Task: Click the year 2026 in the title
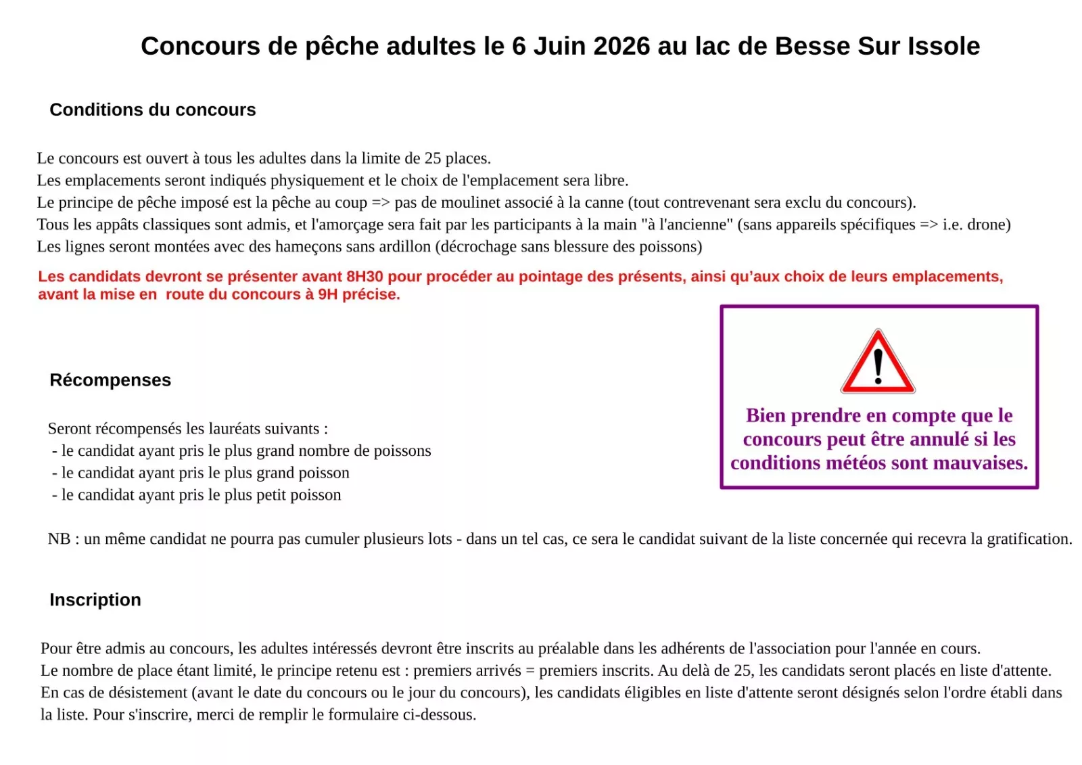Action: [622, 46]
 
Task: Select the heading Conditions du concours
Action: [153, 110]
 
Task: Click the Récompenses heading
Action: [110, 380]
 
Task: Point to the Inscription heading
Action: [95, 600]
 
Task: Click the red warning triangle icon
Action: [878, 363]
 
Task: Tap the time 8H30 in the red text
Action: [364, 277]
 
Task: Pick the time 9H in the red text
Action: [328, 294]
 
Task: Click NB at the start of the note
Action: [59, 539]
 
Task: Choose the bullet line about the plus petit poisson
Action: [197, 495]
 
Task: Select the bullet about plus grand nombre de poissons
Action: [241, 451]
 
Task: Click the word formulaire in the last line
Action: [369, 715]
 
